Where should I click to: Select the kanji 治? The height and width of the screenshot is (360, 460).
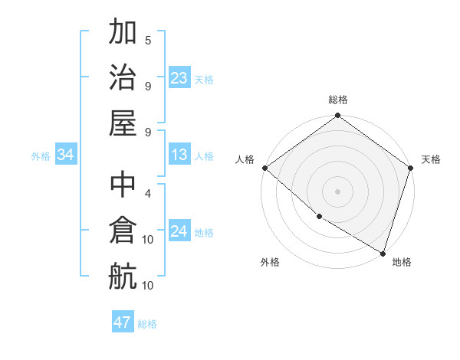tap(123, 77)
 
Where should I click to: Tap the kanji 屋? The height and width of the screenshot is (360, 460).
tap(123, 123)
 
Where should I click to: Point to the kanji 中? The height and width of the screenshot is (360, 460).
tap(123, 185)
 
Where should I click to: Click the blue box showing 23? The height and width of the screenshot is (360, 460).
tap(179, 78)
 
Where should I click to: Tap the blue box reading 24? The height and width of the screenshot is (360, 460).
tap(179, 232)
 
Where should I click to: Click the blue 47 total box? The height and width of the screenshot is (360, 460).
tap(123, 322)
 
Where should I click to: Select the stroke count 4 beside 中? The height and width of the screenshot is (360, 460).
tap(148, 193)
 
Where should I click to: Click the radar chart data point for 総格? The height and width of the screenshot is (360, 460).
tap(337, 116)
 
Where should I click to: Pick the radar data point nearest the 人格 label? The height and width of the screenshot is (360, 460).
tap(264, 168)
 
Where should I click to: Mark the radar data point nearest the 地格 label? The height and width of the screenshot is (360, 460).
tap(383, 253)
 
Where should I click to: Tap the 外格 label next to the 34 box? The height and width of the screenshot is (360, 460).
tap(41, 156)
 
